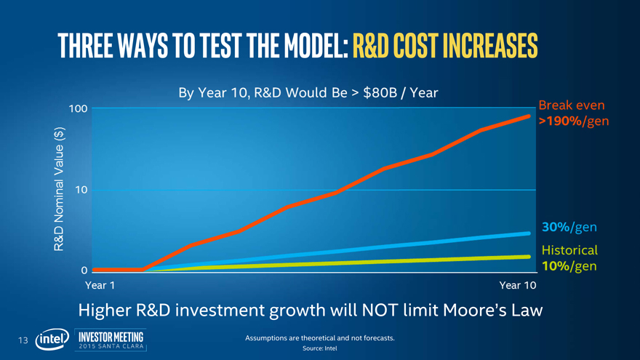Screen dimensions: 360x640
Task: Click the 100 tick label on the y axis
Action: (79, 109)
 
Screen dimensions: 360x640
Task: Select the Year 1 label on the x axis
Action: (100, 284)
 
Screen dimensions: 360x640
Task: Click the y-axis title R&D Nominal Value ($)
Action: (60, 191)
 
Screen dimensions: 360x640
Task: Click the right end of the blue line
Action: (529, 233)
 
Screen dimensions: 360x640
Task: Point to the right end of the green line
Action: (529, 256)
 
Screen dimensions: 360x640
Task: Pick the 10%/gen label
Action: (569, 266)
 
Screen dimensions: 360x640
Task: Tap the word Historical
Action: (569, 249)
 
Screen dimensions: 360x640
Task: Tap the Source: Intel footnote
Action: (320, 348)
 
